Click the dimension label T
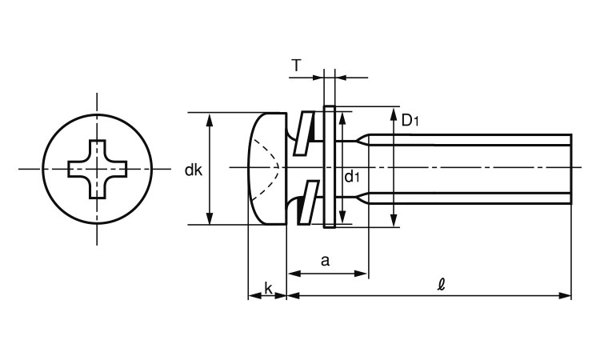pos(297,66)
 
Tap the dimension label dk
pos(194,170)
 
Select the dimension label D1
pos(410,121)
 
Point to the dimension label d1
pos(352,177)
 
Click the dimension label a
pos(325,261)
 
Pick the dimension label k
pos(268,288)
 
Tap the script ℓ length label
pos(442,285)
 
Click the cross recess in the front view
pos(97,169)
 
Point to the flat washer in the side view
pos(330,167)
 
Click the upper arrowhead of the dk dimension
pos(209,120)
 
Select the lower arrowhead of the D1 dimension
pos(394,221)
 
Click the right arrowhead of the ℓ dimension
pos(565,295)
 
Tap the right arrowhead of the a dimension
pos(361,274)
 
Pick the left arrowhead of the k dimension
pos(254,295)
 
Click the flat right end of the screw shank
pos(571,169)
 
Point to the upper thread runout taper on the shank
pos(362,140)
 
